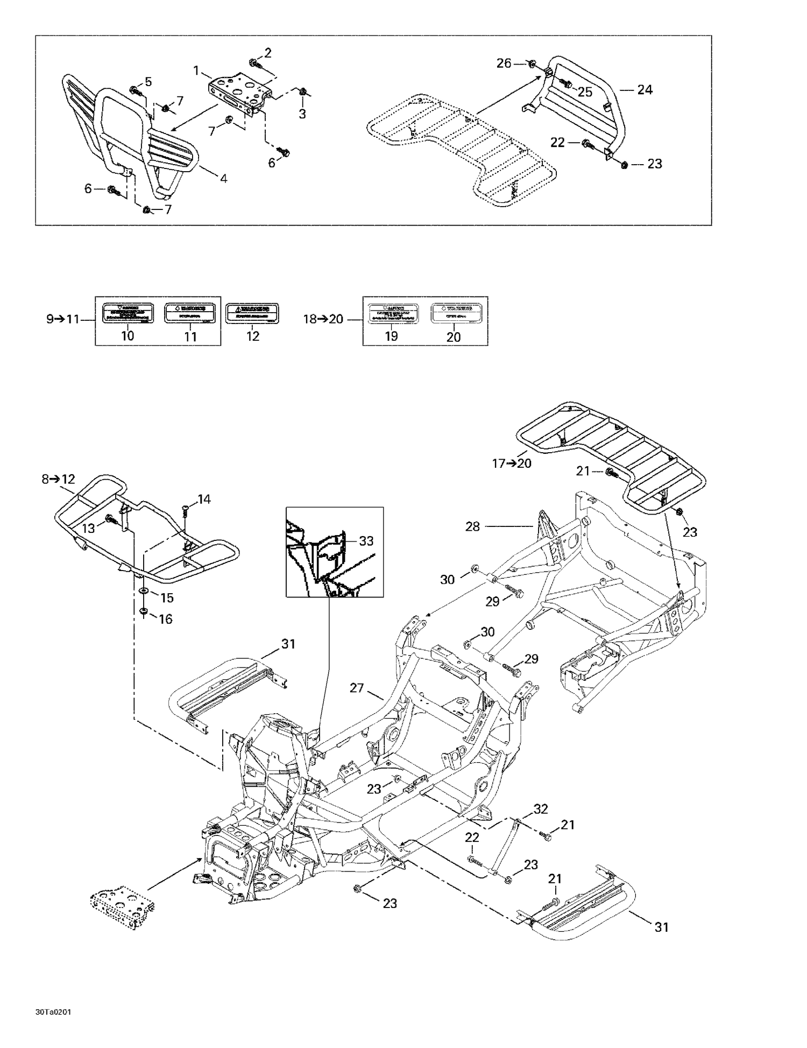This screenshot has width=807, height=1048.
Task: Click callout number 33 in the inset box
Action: [366, 541]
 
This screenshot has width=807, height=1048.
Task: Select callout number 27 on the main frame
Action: [357, 688]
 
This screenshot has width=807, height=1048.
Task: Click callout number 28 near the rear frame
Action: [472, 526]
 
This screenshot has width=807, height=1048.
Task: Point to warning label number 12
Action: [252, 314]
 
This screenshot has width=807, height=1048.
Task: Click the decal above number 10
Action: [128, 313]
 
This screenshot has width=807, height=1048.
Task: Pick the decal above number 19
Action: [392, 313]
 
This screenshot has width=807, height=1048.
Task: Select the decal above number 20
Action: [453, 313]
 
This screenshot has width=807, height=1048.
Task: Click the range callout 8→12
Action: [58, 479]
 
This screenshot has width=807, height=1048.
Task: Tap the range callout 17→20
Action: [512, 463]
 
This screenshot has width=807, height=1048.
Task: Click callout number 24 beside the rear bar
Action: [645, 89]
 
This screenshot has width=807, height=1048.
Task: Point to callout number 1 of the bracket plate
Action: [196, 71]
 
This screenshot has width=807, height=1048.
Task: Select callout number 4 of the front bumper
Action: [223, 178]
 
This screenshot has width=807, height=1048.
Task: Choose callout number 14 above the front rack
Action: [204, 500]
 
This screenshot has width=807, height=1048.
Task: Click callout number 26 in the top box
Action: [504, 64]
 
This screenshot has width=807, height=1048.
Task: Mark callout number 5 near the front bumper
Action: [148, 82]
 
